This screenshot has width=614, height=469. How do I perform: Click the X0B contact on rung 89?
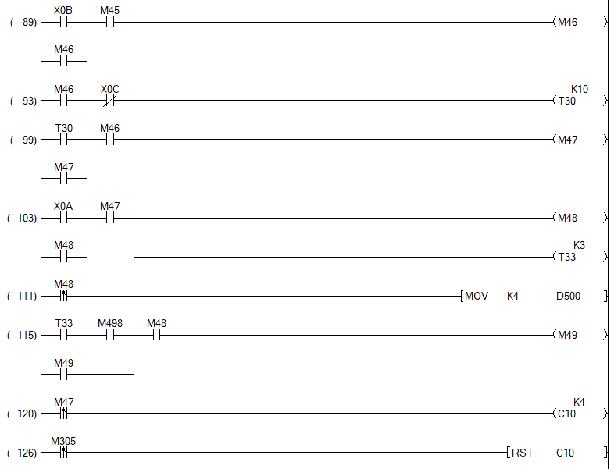[x=63, y=23]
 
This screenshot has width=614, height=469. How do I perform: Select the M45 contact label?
[x=110, y=11]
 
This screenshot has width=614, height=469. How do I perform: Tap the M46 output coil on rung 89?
[x=567, y=23]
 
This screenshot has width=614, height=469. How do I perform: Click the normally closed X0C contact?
[x=110, y=101]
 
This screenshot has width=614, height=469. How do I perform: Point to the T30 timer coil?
[x=567, y=101]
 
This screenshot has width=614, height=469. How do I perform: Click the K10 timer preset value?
[x=580, y=89]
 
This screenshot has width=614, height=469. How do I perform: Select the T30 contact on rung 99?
[x=63, y=140]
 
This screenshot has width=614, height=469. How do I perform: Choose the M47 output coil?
[x=567, y=140]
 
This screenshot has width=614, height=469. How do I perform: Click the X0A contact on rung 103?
[x=63, y=218]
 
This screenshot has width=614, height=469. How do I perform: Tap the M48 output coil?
[x=567, y=218]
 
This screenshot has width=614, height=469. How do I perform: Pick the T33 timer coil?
[x=567, y=257]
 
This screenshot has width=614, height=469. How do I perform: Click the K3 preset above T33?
[x=580, y=245]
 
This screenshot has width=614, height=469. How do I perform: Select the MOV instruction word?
[x=477, y=297]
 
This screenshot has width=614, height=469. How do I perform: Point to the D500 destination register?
[x=568, y=297]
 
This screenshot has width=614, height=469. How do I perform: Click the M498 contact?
[x=110, y=335]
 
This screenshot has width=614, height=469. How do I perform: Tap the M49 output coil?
[x=567, y=335]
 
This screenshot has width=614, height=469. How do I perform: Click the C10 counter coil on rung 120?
[x=567, y=414]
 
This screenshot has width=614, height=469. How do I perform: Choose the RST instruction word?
[x=523, y=453]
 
